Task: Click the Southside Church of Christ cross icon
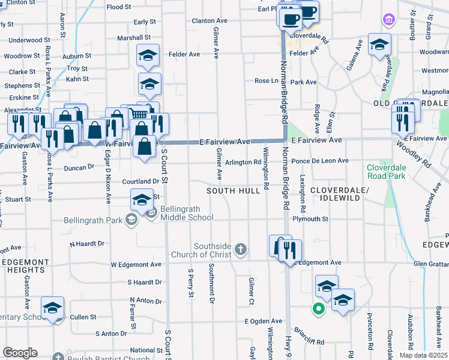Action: pos(240,249)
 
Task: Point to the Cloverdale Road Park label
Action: pos(387,172)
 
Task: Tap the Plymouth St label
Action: pos(310,219)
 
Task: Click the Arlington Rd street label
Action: pos(243,162)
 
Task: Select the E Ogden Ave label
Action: pos(263,321)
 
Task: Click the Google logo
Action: pos(20,353)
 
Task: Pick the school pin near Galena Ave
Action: pos(379,45)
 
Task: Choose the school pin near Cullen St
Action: pos(53,308)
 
